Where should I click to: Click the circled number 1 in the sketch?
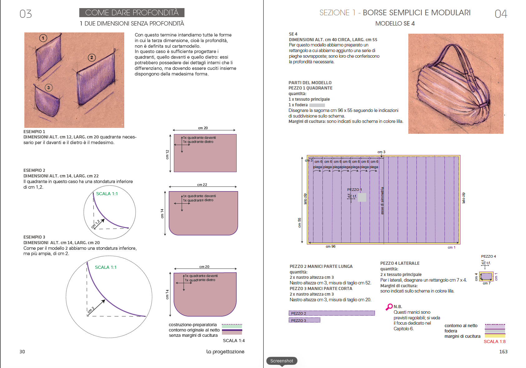(43, 38)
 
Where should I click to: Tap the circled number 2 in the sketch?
(91, 57)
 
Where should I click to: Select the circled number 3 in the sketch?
(48, 88)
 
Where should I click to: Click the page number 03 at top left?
(26, 14)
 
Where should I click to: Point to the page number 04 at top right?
(501, 14)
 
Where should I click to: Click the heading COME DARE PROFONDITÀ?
(132, 13)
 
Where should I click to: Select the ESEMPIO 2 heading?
(34, 170)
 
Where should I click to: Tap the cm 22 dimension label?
(202, 185)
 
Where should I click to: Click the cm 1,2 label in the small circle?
(96, 224)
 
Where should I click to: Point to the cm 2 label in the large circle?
(91, 310)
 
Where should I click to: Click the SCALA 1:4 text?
(234, 341)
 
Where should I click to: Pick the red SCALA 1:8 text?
(494, 341)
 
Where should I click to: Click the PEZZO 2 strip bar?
(332, 313)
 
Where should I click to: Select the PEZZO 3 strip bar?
(304, 320)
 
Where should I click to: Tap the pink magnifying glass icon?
(389, 307)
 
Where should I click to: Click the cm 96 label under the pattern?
(331, 246)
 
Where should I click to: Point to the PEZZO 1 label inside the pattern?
(354, 190)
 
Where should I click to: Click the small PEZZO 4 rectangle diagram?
(486, 276)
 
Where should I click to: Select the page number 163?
(503, 351)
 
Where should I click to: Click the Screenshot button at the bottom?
(282, 361)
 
